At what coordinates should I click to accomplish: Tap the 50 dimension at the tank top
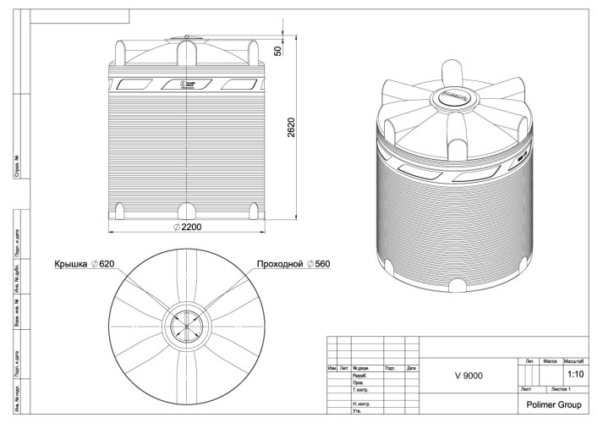pos(278,51)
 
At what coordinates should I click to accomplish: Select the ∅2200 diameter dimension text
pos(187,228)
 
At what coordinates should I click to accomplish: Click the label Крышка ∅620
pos(85,264)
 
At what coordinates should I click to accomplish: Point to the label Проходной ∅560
pos(293,264)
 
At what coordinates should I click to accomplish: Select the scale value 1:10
pos(576,373)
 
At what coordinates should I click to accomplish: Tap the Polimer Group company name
pos(553,404)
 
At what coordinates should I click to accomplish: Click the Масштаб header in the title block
pos(575,361)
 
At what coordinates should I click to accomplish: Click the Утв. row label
pos(357,411)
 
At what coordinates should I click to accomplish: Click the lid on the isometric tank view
pos(455,99)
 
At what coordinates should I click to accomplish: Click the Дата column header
pos(411,368)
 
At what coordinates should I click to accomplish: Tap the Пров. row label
pos(359,382)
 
